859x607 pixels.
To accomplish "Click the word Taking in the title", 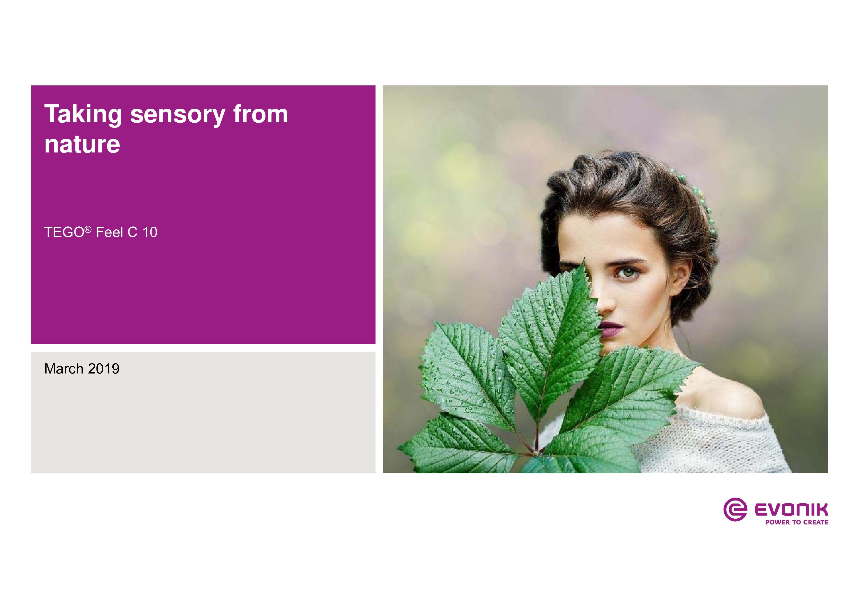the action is [83, 115].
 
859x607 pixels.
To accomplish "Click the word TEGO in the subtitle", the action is [64, 232].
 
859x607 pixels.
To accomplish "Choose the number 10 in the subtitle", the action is [150, 232].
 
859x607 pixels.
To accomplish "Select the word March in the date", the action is [64, 369].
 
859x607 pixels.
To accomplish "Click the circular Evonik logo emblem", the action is [735, 509].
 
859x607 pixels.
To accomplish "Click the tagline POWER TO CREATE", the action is [797, 522].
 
